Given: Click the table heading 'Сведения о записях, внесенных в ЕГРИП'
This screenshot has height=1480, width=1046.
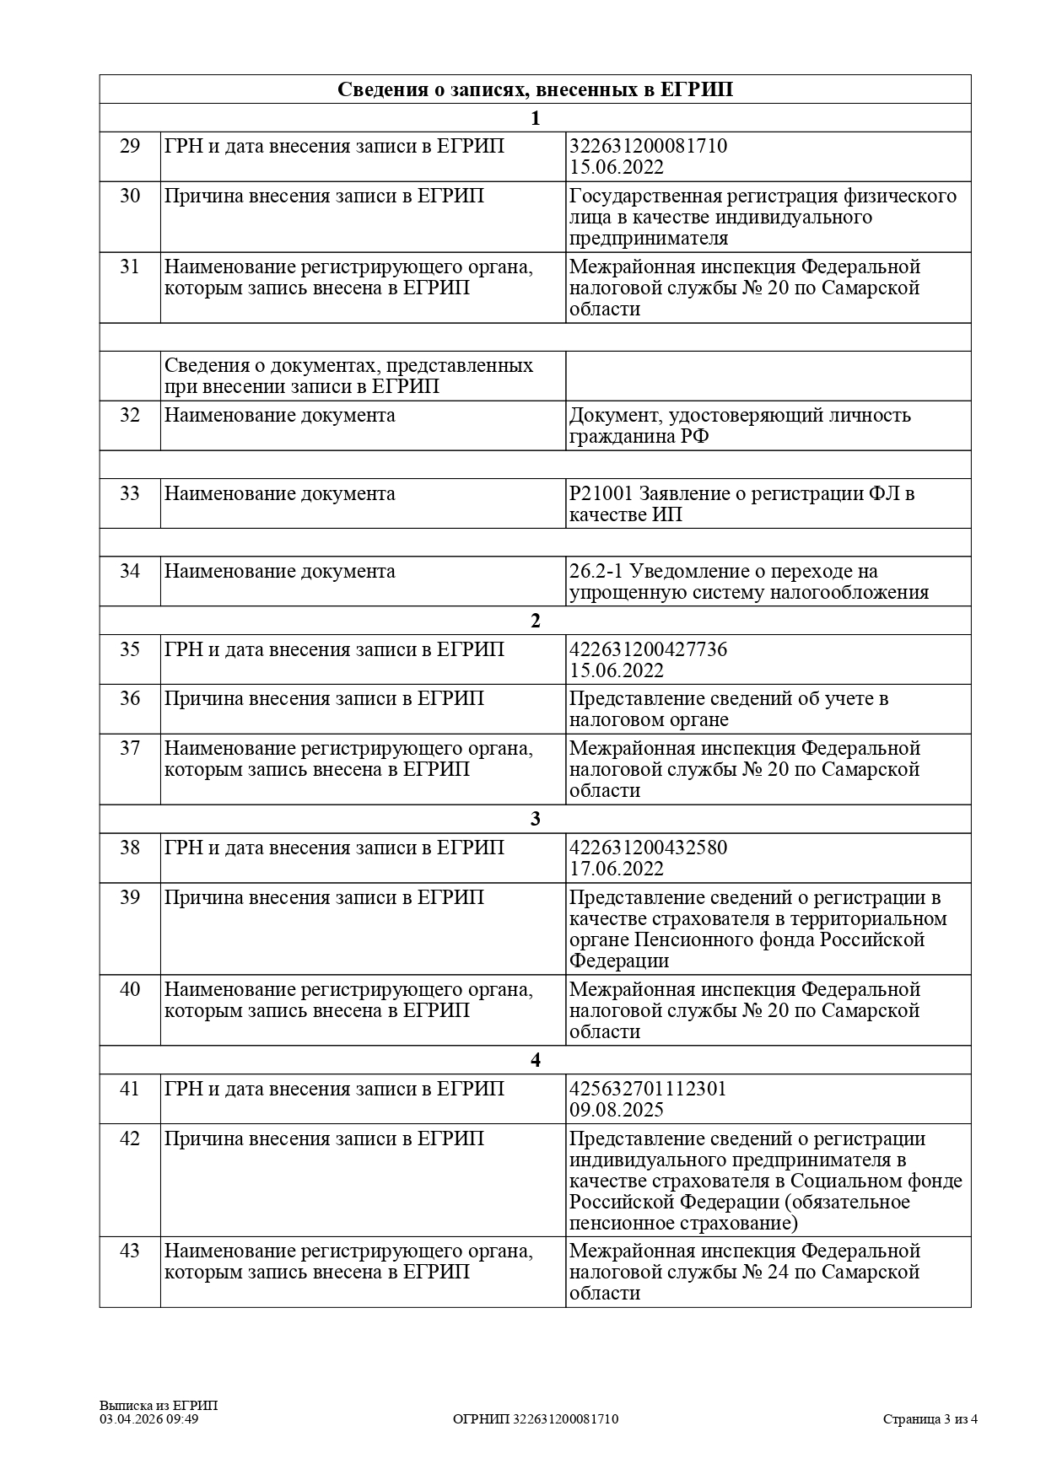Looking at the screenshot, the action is [535, 89].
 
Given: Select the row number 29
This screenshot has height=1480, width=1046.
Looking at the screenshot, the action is [130, 146].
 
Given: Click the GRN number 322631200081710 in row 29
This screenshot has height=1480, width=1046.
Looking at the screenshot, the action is [648, 146].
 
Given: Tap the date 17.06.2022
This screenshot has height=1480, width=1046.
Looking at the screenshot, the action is [616, 869].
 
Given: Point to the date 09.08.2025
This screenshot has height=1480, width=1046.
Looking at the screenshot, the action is [616, 1110].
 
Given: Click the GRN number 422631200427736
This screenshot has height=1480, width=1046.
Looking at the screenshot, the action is [648, 649].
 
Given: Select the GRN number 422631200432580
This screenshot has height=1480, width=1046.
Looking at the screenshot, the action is [648, 848].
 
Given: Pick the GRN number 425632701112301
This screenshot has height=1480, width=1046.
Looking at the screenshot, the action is [648, 1089].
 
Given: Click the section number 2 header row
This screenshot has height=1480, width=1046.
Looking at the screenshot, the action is [535, 621].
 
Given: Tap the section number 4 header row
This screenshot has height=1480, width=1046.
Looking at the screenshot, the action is [535, 1060].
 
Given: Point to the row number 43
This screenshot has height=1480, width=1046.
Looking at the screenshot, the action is [130, 1251].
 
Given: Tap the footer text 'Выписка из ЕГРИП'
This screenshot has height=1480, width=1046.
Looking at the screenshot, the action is [158, 1405].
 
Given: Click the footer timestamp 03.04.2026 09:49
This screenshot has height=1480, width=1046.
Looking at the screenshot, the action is [148, 1418].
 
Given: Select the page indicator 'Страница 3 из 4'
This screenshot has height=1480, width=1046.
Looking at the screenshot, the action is [930, 1418].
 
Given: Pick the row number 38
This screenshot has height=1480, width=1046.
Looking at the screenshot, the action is [130, 848].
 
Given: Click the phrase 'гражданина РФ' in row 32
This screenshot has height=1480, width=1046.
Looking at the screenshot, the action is [639, 437].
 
